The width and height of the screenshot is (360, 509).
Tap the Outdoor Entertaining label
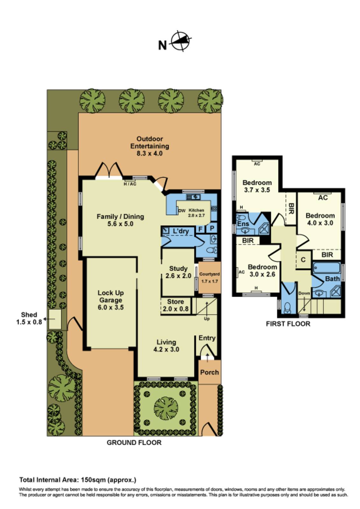(149, 146)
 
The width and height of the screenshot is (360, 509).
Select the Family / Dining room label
(120, 220)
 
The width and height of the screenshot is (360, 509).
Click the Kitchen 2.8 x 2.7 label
(196, 213)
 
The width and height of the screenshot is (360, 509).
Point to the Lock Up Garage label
(111, 300)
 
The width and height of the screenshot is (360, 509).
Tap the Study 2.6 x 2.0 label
(178, 272)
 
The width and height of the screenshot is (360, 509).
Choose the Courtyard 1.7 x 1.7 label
(209, 277)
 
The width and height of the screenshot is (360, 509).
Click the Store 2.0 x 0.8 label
(175, 305)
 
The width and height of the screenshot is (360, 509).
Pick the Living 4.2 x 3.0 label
(166, 345)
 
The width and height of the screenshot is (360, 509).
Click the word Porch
(209, 372)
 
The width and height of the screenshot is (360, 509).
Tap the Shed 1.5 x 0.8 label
(29, 318)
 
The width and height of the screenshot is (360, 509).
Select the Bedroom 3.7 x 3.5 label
(257, 186)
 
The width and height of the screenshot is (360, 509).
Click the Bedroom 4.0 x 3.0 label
(320, 219)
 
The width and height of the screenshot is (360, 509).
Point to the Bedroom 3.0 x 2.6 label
(262, 270)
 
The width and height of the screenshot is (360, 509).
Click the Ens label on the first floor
(243, 224)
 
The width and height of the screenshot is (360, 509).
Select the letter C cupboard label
(303, 260)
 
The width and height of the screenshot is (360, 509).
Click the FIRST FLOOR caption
(288, 324)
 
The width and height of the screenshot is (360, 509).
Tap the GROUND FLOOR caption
(134, 443)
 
